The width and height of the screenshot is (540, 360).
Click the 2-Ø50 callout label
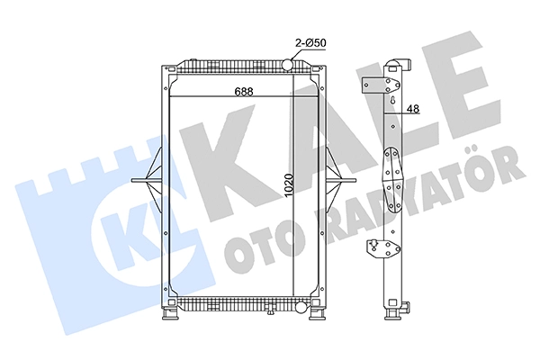(x=310, y=43)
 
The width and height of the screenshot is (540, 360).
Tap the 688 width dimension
(x=244, y=91)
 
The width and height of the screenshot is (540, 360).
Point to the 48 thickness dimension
(x=413, y=109)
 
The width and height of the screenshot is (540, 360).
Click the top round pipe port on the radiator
(x=287, y=65)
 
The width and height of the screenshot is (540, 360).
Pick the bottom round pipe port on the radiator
(x=301, y=306)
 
